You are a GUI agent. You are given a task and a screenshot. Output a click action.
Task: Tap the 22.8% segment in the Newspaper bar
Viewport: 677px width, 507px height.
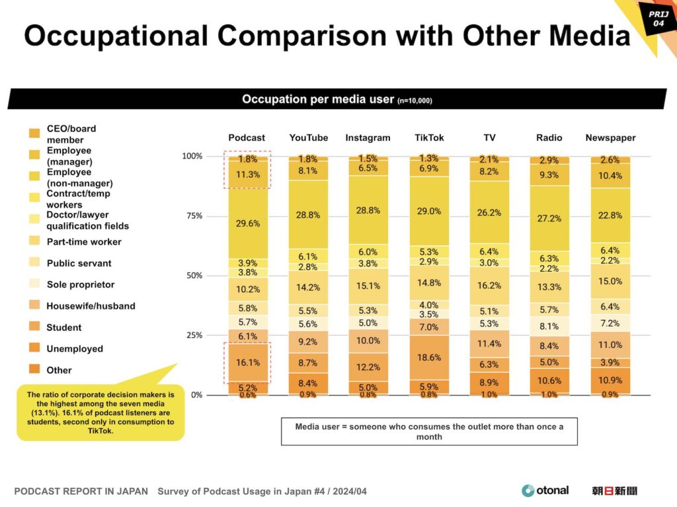tap(610, 215)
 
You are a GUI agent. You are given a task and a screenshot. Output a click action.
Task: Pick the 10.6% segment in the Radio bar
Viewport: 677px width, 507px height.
tap(549, 380)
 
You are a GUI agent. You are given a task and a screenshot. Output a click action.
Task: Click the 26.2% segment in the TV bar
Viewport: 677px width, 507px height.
tap(489, 212)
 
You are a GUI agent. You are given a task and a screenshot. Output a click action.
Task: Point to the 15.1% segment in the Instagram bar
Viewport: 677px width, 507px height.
tap(368, 286)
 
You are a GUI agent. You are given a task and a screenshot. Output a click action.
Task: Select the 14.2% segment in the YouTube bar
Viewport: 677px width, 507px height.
tap(308, 287)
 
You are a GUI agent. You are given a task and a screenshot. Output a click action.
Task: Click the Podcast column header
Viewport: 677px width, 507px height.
tap(247, 137)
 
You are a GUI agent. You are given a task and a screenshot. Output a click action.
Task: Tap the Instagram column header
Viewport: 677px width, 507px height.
tap(368, 137)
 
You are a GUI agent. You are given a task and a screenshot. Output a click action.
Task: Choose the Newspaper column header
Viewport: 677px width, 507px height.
tap(610, 137)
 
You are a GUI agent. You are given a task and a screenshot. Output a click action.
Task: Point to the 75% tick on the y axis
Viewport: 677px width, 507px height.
tap(193, 215)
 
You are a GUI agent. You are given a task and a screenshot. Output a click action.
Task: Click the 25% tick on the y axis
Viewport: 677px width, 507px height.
tap(193, 335)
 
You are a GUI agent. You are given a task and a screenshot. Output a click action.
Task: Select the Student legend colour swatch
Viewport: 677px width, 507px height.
tap(34, 327)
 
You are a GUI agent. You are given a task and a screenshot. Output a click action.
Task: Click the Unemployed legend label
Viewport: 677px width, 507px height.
tap(75, 348)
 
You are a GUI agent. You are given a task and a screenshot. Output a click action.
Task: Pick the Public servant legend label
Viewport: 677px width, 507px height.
tap(79, 263)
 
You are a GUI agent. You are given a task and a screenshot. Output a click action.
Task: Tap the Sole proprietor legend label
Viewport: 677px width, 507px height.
tap(81, 284)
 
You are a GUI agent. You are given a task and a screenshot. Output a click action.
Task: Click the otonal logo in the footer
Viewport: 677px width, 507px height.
tap(545, 490)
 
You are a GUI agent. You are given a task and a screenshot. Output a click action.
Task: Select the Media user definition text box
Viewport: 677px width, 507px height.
tap(429, 432)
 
